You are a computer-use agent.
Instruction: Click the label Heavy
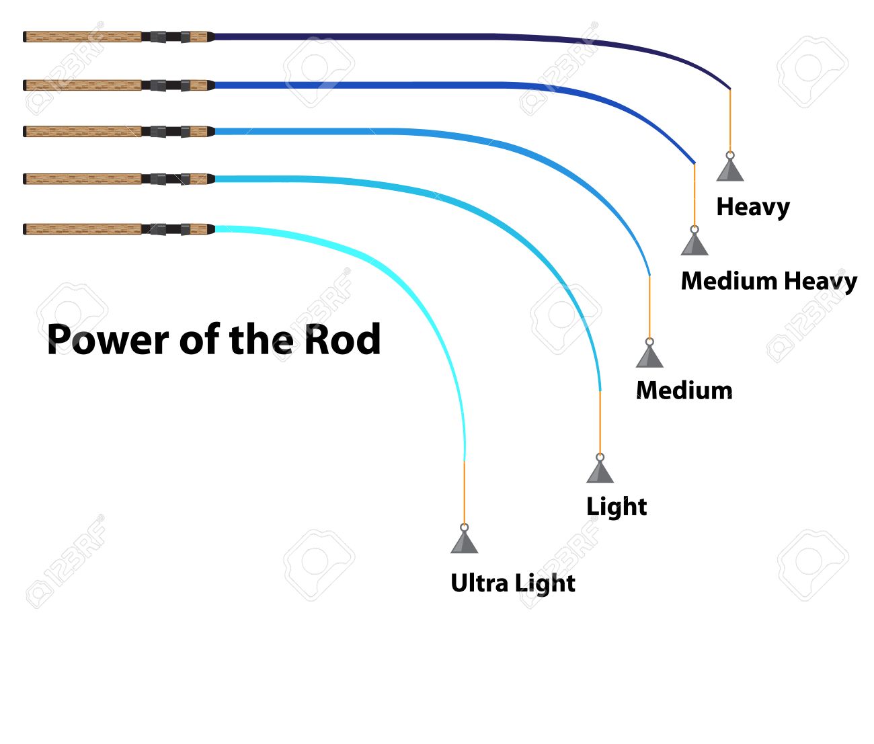point(752,207)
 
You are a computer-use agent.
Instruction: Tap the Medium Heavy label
point(768,281)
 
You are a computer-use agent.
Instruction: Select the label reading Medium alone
point(684,390)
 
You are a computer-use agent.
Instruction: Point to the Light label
point(616,506)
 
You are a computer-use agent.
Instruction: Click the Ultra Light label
point(512,583)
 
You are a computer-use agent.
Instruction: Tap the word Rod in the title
point(342,339)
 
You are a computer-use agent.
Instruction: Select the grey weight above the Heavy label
point(730,169)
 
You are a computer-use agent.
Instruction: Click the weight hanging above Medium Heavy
point(694,243)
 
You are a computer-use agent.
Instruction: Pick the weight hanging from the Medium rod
point(649,356)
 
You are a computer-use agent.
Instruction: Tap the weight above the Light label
point(600,471)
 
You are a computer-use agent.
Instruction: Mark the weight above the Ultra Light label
point(465,542)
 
